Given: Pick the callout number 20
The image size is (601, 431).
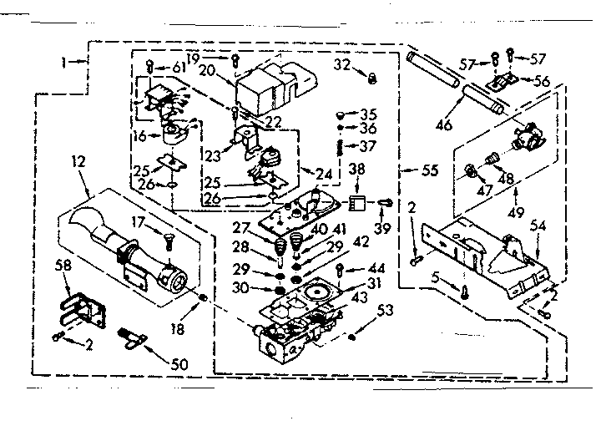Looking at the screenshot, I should [205, 71].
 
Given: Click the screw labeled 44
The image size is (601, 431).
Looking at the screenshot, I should [342, 270].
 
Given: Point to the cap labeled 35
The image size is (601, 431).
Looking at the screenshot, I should [341, 113].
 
